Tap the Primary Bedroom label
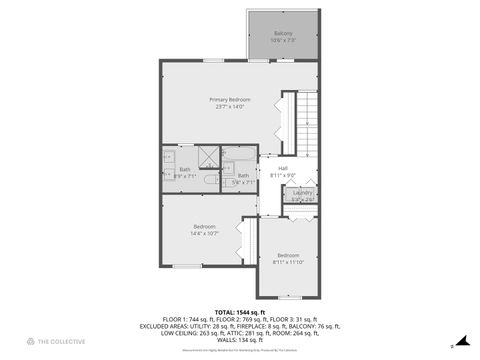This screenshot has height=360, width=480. [x=229, y=100]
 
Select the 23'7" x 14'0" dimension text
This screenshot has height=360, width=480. [x=229, y=107]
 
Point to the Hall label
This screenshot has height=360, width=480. [x=283, y=168]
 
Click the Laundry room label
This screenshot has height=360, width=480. [x=303, y=192]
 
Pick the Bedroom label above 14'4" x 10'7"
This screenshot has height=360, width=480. [x=204, y=226]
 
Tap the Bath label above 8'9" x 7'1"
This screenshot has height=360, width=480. [x=185, y=169]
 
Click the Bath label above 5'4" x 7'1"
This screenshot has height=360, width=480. [x=243, y=176]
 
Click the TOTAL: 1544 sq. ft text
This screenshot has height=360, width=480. [x=239, y=312]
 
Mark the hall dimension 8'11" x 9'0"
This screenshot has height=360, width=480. [x=283, y=175]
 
